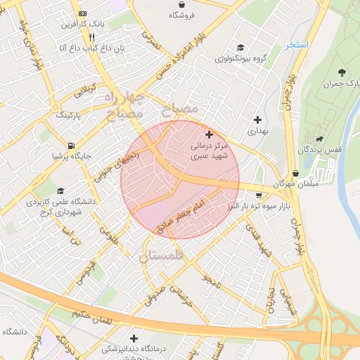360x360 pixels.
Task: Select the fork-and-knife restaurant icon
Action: tap(91, 37)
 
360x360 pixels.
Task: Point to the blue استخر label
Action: tap(297, 45)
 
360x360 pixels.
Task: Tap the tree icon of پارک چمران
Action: tap(342, 72)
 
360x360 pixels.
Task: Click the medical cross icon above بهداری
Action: tap(257, 120)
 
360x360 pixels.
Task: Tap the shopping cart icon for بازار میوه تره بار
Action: tap(259, 195)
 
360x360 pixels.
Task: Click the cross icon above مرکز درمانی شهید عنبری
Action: tap(208, 134)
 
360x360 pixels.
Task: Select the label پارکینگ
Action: tap(69, 114)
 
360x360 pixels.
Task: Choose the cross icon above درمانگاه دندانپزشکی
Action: tap(134, 338)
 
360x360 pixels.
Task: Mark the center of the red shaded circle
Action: tap(180, 180)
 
